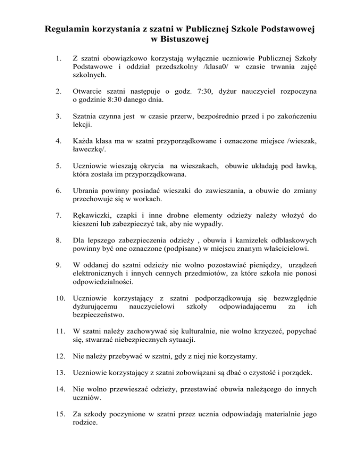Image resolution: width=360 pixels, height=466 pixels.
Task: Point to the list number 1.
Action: [x=57, y=59]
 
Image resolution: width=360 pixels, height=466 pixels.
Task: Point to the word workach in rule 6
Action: [x=165, y=199]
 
